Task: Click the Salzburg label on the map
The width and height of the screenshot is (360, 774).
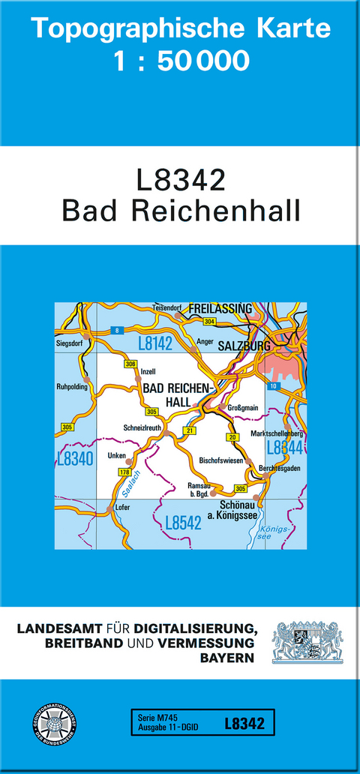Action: (x=243, y=346)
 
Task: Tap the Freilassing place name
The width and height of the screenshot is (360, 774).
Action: (x=220, y=309)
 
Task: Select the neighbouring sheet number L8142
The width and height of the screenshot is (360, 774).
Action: (x=155, y=343)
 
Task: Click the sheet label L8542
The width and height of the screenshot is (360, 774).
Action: (x=182, y=523)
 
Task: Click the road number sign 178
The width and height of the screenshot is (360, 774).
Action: (x=124, y=471)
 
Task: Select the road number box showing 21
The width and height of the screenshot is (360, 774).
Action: (x=190, y=430)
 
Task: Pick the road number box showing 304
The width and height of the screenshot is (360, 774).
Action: (x=209, y=321)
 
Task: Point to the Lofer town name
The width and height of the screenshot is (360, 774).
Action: (x=123, y=508)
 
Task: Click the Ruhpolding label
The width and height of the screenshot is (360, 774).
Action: (x=72, y=387)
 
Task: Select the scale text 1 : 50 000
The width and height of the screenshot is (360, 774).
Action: (x=180, y=61)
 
